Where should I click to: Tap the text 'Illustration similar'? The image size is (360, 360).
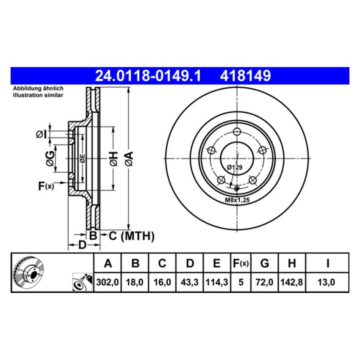coord(38,96)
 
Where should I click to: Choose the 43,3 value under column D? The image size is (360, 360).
coord(190,282)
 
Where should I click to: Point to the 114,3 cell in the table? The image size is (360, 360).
coord(216,282)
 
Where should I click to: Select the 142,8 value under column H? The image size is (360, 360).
coord(291,282)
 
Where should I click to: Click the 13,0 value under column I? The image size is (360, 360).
coord(327,282)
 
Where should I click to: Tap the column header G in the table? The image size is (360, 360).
coord(264,264)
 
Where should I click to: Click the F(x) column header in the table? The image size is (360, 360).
coord(241,264)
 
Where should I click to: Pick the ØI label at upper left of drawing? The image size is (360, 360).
coord(41,134)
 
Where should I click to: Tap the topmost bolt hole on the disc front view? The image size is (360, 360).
coord(237,131)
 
